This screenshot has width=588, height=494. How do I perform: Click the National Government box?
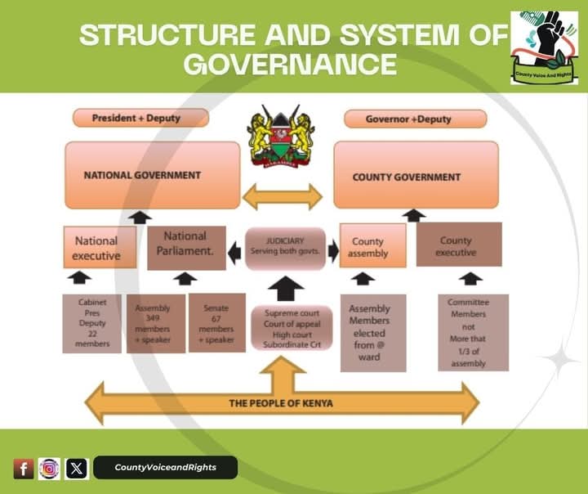point(153,175)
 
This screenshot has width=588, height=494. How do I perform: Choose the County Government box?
point(416,176)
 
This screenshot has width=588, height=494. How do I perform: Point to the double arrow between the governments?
point(283,197)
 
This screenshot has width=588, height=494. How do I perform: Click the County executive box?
point(458,245)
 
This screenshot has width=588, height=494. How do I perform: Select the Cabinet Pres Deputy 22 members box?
point(92,323)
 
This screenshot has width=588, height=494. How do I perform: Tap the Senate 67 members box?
point(216,323)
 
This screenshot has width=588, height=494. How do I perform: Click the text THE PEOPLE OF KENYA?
point(280,403)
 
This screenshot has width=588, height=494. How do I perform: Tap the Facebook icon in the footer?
point(23,469)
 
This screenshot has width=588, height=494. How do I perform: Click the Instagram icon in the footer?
point(50,469)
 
